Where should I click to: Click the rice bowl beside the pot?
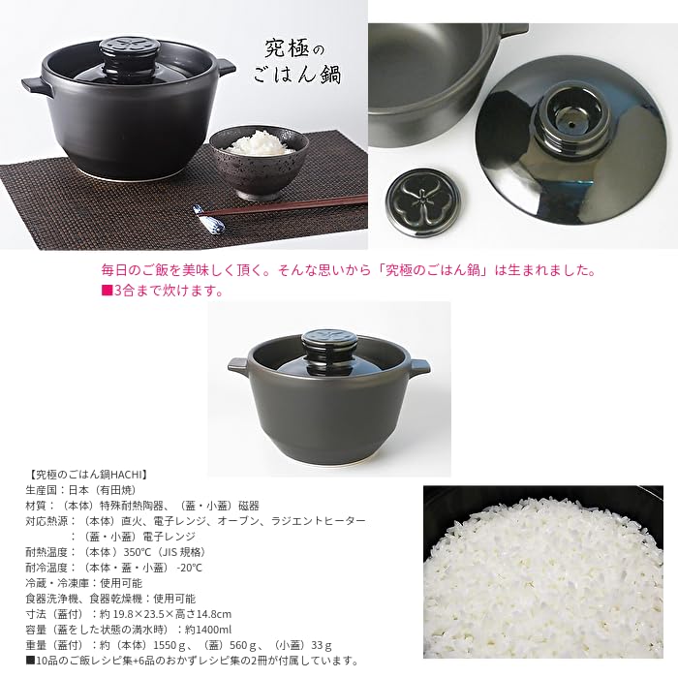pyautogui.click(x=260, y=161)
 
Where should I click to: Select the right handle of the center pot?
pyautogui.click(x=418, y=368)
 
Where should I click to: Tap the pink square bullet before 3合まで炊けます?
pyautogui.click(x=107, y=291)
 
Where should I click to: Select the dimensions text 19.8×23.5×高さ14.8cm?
pyautogui.click(x=170, y=614)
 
